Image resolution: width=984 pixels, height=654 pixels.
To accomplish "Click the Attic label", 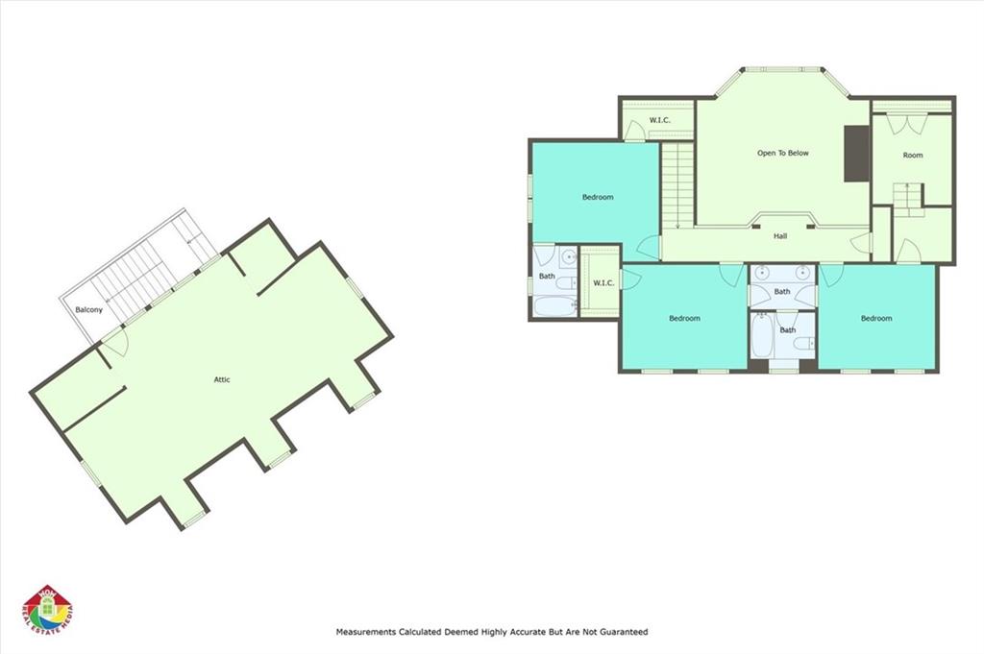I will coord(222,379).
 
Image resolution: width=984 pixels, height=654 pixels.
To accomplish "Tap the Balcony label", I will coord(89,309).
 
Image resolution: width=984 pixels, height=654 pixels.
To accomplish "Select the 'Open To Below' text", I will coord(782,153).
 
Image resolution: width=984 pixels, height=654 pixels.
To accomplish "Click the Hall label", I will coord(780,235).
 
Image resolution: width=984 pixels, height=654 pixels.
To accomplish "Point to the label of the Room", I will coord(912,155).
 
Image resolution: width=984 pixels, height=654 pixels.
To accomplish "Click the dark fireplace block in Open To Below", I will coord(855,153).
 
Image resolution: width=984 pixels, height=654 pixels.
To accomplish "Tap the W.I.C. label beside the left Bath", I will coord(603,282).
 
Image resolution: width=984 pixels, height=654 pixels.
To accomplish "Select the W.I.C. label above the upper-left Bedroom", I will coord(659,120).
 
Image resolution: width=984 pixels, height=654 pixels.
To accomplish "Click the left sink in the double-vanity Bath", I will coord(762,270).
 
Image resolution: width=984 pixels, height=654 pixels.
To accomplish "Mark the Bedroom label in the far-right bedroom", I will coord(875,318).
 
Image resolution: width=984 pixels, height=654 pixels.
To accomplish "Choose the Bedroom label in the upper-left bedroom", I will coord(597,197).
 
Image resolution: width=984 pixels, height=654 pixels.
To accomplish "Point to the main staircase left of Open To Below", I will coord(676,182).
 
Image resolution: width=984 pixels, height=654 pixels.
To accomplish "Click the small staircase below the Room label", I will coord(906,196).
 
